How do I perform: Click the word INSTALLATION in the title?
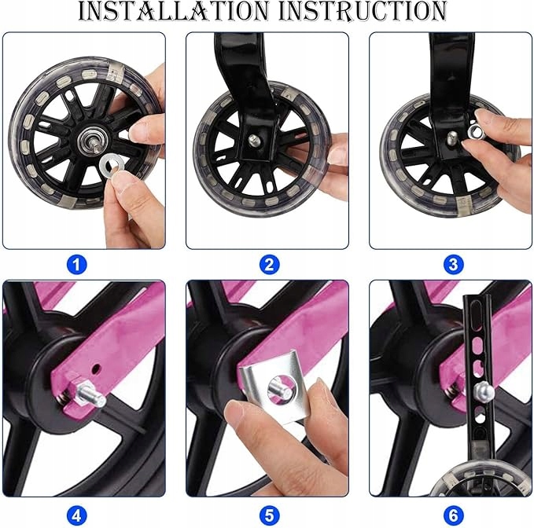tap(174, 11)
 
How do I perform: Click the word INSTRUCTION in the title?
tap(363, 11)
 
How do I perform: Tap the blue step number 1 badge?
tap(76, 265)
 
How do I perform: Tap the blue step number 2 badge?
tap(269, 265)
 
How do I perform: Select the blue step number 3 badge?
tap(453, 265)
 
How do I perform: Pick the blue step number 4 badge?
tap(76, 515)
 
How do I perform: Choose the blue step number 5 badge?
tap(269, 515)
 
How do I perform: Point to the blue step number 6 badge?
tap(453, 515)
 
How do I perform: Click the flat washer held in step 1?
tap(109, 164)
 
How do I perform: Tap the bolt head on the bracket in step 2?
tap(253, 139)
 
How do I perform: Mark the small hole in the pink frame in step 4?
tap(98, 368)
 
